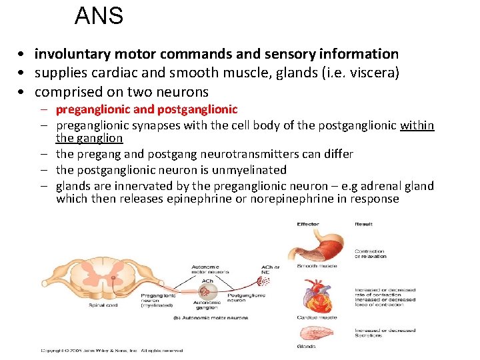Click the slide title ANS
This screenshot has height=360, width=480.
[x=99, y=15]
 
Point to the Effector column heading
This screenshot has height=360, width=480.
[x=307, y=224]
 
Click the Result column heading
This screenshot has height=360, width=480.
[x=363, y=224]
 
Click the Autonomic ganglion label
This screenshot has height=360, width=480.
[x=207, y=305]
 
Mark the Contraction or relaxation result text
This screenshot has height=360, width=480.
[x=370, y=254]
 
